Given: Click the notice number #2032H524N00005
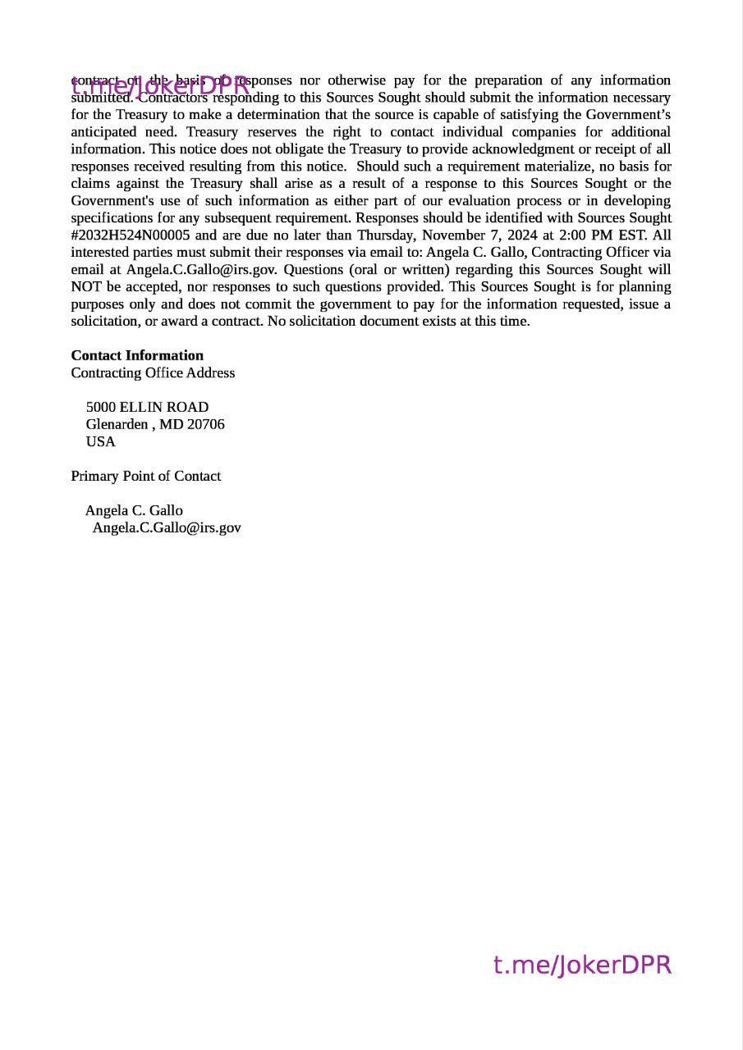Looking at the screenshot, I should [131, 235].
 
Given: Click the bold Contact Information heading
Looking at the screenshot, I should [137, 355].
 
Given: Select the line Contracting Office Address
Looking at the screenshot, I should [153, 372].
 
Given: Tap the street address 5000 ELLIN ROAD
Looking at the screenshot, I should [147, 407].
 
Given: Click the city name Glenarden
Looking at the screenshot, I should [117, 424].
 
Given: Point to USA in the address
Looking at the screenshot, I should [101, 441].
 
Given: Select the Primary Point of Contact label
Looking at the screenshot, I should [145, 476].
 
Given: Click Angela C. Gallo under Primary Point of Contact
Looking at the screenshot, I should [134, 510].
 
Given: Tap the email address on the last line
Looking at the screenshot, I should [167, 527].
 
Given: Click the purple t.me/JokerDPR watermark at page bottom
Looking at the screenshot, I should [582, 965].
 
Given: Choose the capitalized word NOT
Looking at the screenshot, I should [85, 286].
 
